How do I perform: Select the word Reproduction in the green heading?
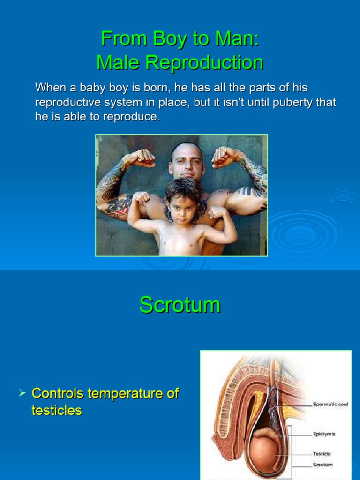[x=204, y=63]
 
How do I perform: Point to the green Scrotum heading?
[x=180, y=305]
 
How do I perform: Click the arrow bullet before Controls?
[x=22, y=392]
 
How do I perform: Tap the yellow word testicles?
[x=57, y=410]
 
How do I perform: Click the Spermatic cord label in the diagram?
[x=330, y=405]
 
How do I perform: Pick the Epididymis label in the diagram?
[x=324, y=434]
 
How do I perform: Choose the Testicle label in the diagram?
[x=322, y=454]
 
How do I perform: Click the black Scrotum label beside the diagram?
[x=322, y=465]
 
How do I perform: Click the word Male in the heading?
[x=118, y=62]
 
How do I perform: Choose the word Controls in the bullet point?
[x=58, y=393]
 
